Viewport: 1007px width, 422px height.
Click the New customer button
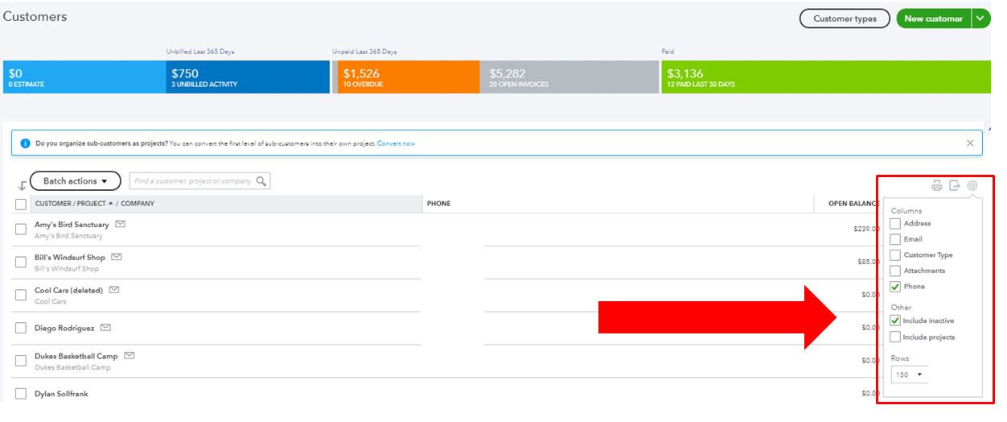933,19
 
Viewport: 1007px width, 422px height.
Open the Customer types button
844,19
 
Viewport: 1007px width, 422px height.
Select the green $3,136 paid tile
825,77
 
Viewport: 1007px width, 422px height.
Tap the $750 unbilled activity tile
247,77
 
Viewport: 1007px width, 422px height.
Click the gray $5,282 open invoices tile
569,77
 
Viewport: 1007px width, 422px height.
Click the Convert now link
397,143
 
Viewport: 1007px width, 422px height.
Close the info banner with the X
970,143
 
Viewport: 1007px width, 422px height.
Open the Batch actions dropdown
76,181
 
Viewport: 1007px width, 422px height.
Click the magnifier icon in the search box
261,181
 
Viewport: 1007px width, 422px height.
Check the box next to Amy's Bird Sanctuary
21,230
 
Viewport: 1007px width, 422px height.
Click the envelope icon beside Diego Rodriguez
105,328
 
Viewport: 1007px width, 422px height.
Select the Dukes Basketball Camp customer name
76,356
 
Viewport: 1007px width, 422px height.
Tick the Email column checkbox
895,239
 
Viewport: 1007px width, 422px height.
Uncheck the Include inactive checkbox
895,321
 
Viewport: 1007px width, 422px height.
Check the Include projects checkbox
895,337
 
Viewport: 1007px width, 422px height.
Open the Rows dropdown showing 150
909,374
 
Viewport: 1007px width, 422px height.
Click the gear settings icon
972,186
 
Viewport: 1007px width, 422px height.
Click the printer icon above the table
937,186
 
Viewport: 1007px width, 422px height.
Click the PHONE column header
439,204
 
